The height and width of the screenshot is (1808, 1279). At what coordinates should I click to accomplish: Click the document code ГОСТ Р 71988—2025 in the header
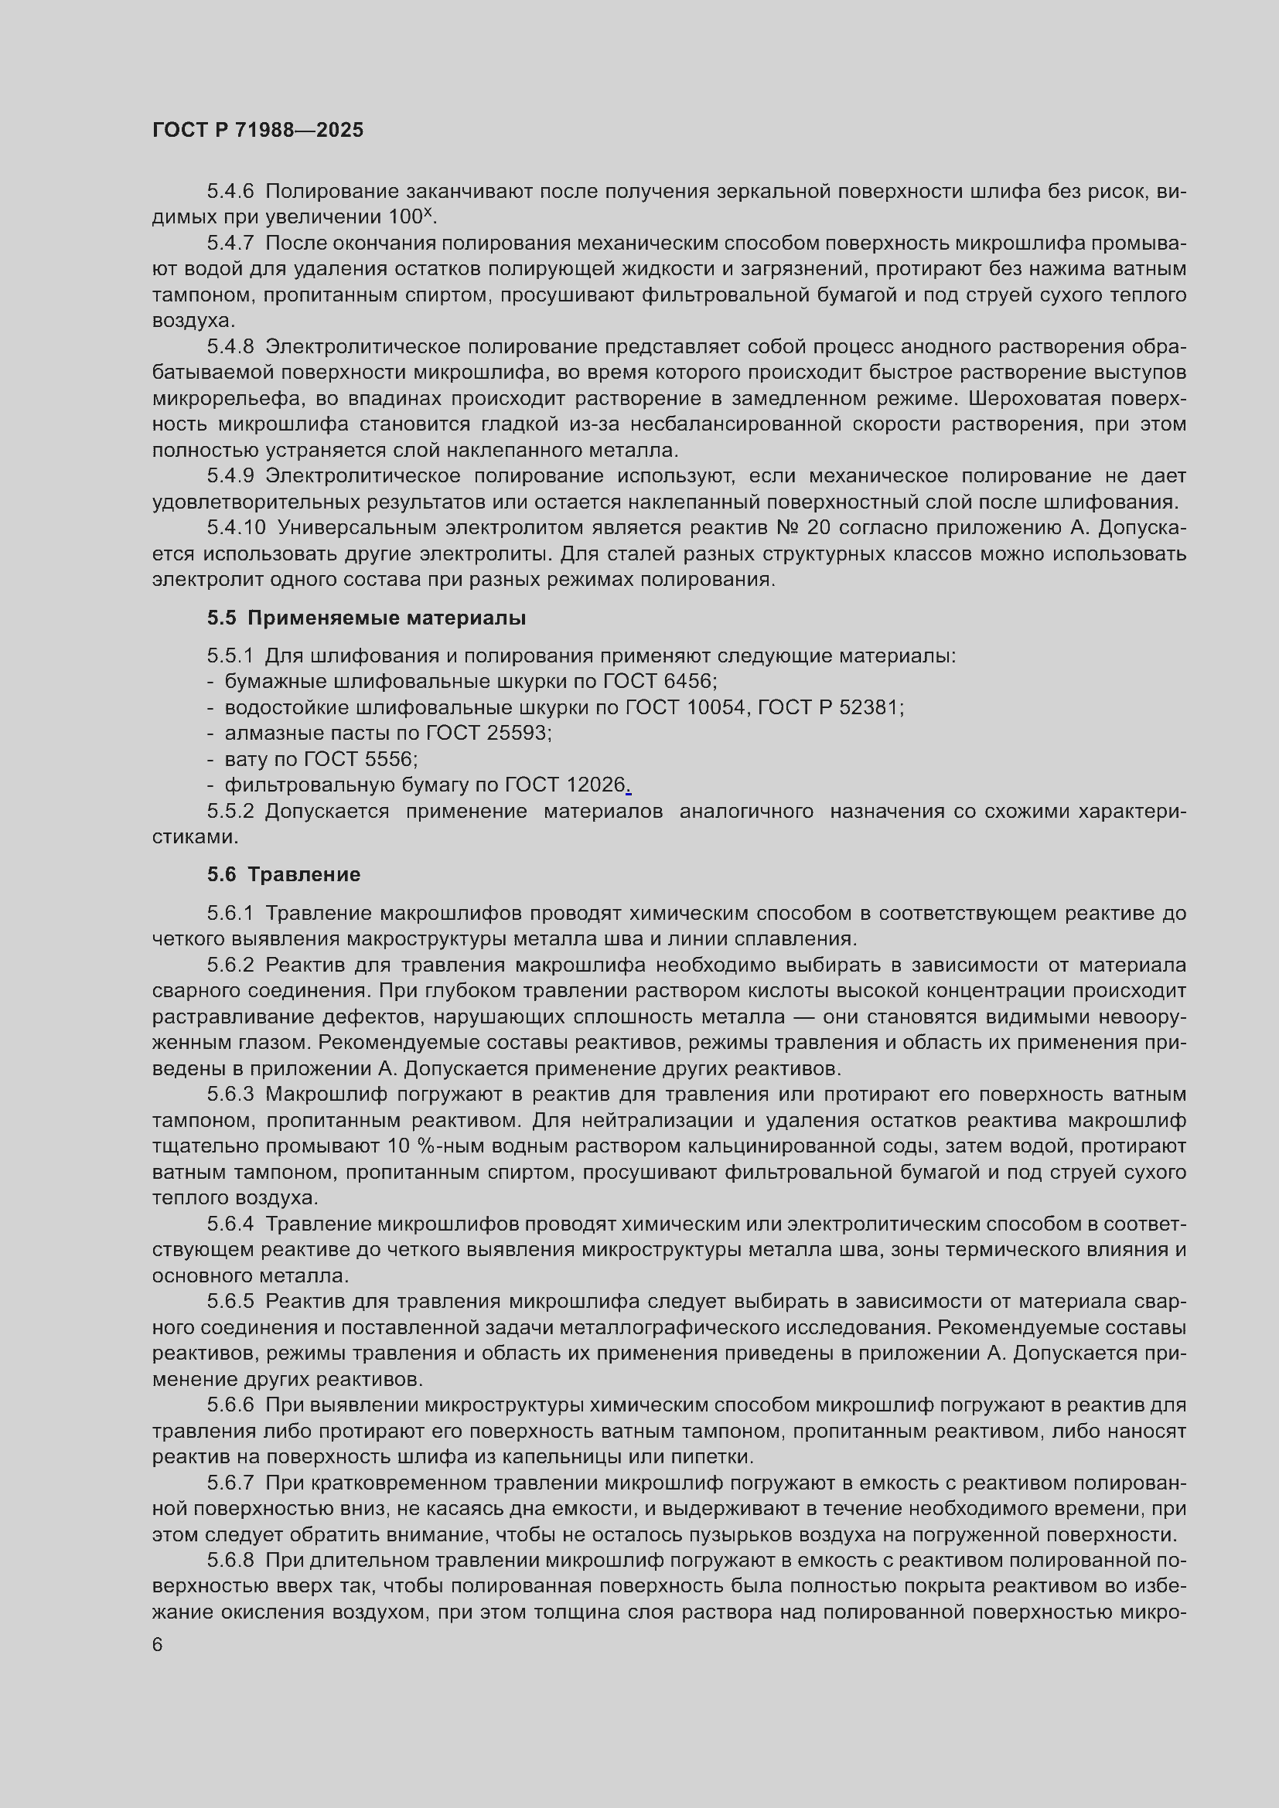pyautogui.click(x=258, y=130)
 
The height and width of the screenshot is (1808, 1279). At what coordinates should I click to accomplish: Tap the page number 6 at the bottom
pyautogui.click(x=158, y=1645)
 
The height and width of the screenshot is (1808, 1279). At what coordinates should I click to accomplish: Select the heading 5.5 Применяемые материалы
pyautogui.click(x=367, y=618)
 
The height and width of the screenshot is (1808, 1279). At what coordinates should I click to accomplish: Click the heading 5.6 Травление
pyautogui.click(x=284, y=874)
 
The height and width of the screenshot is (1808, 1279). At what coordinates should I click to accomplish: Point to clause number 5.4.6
pyautogui.click(x=230, y=192)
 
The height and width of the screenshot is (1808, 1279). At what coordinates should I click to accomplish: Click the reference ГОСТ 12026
pyautogui.click(x=564, y=785)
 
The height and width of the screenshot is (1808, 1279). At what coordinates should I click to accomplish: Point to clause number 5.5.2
pyautogui.click(x=230, y=811)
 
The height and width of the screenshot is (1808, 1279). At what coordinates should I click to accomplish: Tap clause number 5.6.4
pyautogui.click(x=230, y=1224)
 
